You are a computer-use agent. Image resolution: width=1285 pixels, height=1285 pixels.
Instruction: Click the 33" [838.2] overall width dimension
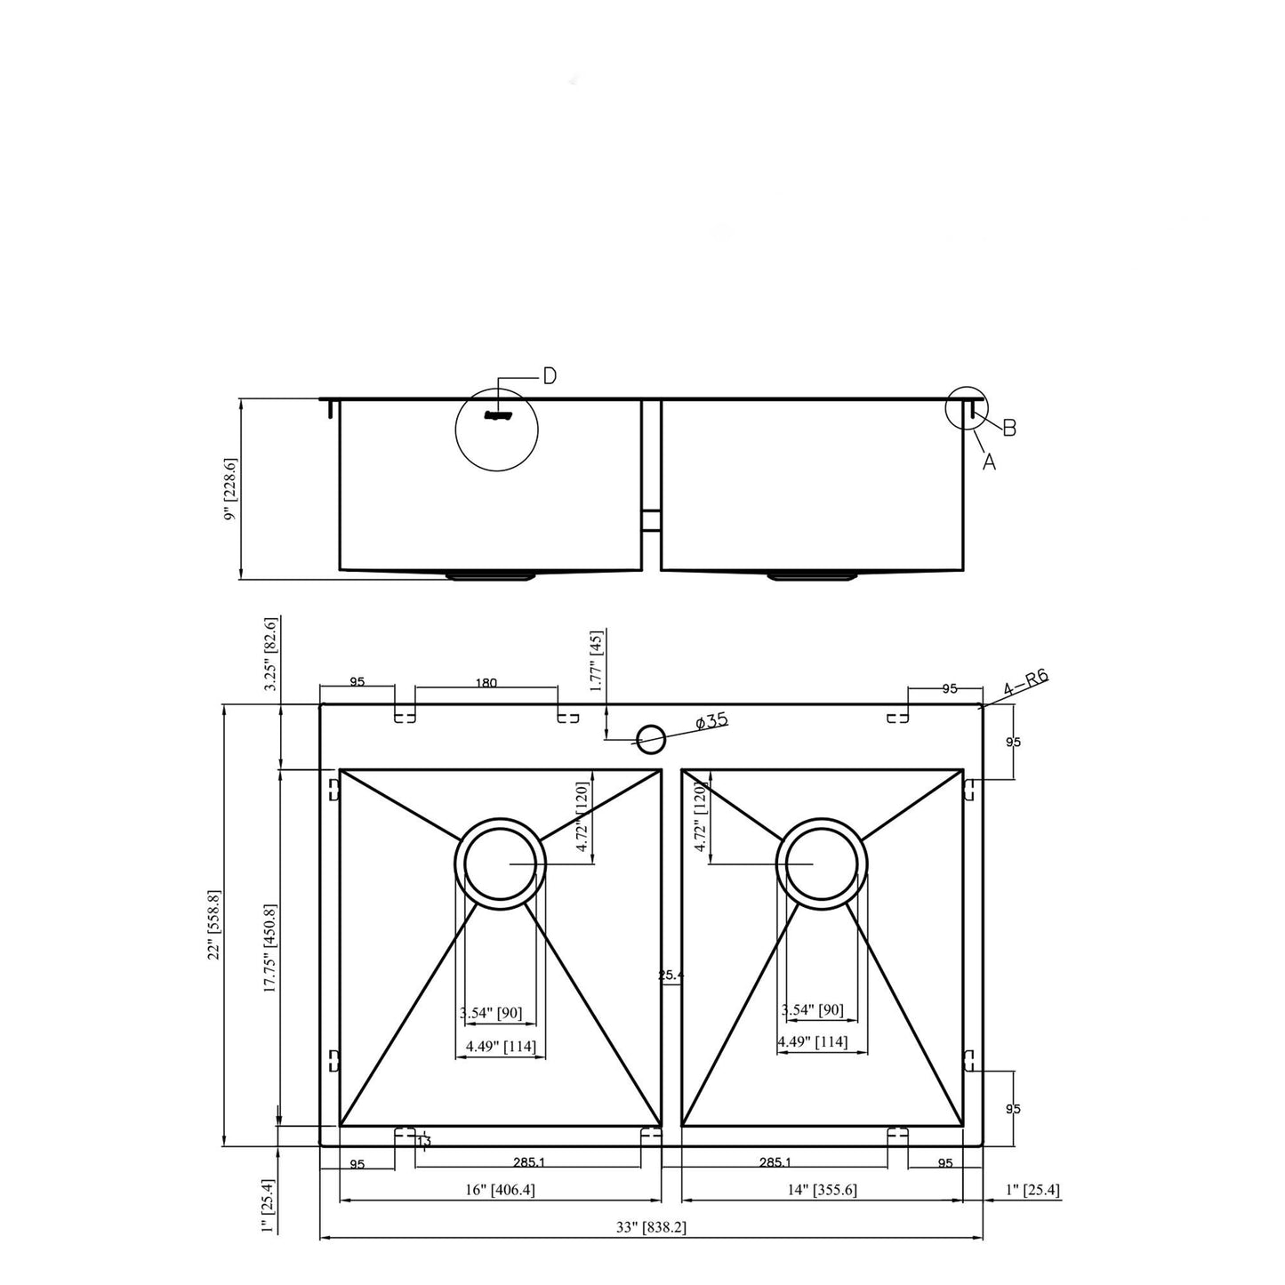click(x=651, y=1227)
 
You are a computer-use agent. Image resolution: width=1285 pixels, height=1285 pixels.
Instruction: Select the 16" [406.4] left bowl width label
click(x=501, y=1189)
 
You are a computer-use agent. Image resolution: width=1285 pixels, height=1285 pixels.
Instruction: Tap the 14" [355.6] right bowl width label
click(x=823, y=1189)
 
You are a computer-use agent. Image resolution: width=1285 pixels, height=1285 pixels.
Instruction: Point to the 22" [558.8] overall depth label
click(x=213, y=925)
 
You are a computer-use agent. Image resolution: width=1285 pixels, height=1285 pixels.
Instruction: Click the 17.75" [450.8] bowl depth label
click(x=270, y=947)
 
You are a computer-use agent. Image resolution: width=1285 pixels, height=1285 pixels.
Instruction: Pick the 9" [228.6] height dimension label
click(x=231, y=490)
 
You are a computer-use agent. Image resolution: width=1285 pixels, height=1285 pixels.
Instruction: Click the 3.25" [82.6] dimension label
click(x=272, y=654)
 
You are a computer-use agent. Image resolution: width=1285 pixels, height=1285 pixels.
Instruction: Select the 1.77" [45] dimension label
click(x=597, y=661)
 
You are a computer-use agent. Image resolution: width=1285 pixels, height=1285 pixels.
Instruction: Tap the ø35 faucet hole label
click(x=711, y=721)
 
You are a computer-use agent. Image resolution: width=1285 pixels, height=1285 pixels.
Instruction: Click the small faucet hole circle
click(x=651, y=736)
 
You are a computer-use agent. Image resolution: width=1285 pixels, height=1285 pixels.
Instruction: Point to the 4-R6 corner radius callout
click(x=1025, y=683)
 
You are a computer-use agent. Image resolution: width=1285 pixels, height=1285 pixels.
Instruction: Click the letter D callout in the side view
click(x=550, y=376)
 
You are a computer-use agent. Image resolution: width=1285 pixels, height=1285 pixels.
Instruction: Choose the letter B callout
click(x=1009, y=428)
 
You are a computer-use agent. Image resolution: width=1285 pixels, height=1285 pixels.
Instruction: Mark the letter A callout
click(x=989, y=462)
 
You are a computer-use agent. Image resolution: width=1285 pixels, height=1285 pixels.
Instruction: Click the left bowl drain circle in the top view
click(x=500, y=863)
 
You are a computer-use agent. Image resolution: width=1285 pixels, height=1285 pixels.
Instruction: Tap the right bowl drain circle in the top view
click(x=822, y=863)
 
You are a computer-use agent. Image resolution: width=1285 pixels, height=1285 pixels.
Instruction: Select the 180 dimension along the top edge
click(x=486, y=683)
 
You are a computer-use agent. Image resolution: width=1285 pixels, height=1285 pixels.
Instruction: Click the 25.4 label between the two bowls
click(x=671, y=975)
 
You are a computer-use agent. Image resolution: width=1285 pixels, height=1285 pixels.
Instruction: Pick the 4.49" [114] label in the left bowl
click(x=501, y=1047)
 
